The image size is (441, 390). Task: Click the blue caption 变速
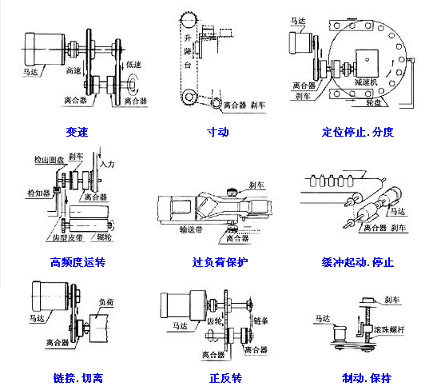point(77,131)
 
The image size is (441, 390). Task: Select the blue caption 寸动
point(217,131)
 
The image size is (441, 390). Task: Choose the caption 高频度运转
point(77,261)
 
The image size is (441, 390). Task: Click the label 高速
point(73,71)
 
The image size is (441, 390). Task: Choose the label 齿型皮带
point(66,237)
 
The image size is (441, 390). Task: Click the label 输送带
point(194,228)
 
